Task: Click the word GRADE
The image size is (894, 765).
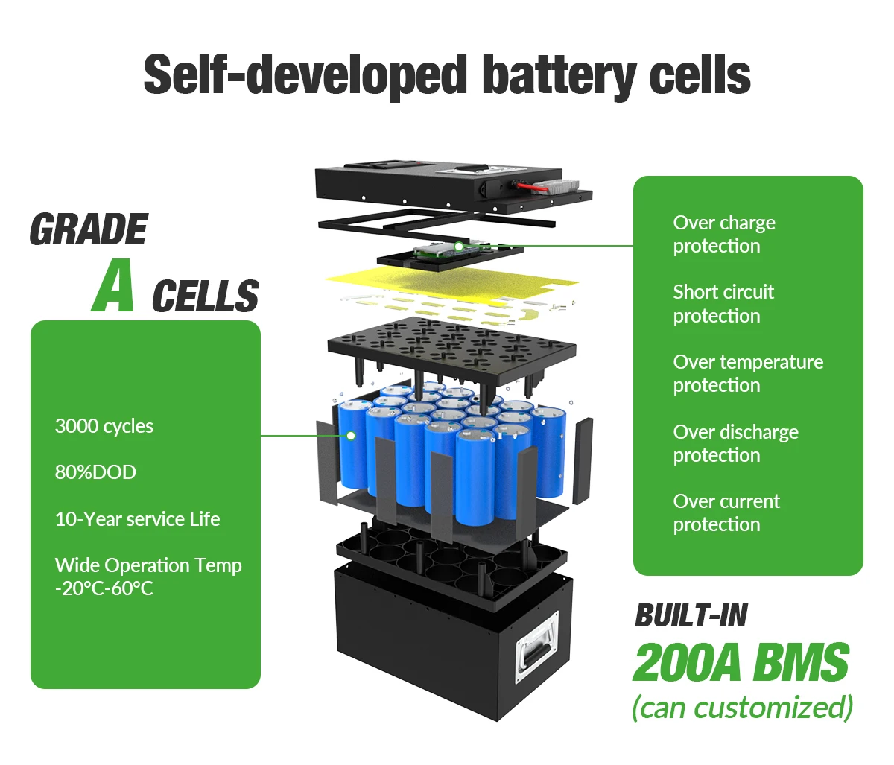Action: click(x=88, y=229)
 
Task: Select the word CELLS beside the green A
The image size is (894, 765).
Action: click(x=205, y=296)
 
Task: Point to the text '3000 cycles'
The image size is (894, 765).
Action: click(x=104, y=426)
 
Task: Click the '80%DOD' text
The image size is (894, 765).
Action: click(x=95, y=472)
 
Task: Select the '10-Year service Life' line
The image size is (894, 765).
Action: click(x=137, y=519)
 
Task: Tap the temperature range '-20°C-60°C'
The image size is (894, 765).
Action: click(x=104, y=588)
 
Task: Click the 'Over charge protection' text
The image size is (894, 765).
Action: click(x=723, y=234)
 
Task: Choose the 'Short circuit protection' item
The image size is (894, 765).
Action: click(x=723, y=303)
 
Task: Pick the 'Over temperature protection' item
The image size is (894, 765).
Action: click(x=747, y=373)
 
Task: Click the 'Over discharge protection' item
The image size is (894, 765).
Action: click(x=735, y=443)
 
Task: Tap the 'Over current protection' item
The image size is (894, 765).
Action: click(x=726, y=512)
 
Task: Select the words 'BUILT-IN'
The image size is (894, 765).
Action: click(x=691, y=615)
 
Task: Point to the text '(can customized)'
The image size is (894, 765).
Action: click(x=742, y=707)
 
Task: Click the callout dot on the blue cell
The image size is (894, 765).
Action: click(x=351, y=436)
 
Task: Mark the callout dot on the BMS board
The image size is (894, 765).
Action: click(x=459, y=246)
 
